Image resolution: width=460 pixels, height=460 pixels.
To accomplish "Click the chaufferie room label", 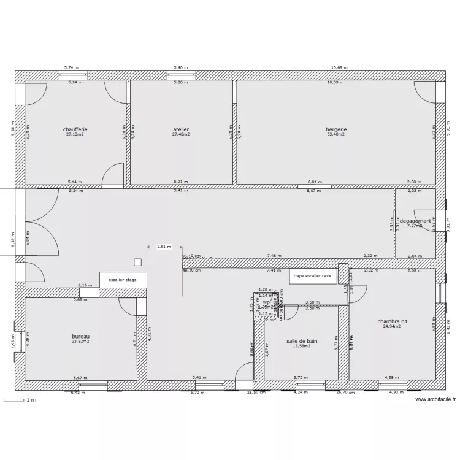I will coord(75,129).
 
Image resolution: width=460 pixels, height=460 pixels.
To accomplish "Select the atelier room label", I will coord(181,129).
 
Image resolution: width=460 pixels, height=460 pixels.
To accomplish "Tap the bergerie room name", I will coord(336,129).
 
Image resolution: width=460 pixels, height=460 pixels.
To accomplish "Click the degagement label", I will coord(415,221).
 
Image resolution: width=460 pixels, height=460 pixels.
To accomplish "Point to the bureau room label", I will coord(81,337).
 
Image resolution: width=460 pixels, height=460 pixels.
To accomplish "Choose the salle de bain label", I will coord(302,340).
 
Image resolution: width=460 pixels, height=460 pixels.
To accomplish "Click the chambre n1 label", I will coord(392,321).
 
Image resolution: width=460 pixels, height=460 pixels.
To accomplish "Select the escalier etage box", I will coord(123,280).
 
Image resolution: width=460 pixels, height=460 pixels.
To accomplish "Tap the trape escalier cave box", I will coord(312,276).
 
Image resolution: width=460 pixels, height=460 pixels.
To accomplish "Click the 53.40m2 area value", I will coord(336,134).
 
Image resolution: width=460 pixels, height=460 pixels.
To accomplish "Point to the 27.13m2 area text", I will coord(75,134).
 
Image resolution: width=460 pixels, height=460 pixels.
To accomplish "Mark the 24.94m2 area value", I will coord(392,326).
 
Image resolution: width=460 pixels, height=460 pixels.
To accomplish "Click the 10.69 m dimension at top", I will coord(337,67).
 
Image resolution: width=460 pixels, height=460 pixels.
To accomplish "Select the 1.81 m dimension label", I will coord(164,247).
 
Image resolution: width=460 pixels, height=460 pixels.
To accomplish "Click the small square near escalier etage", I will coord(138,262).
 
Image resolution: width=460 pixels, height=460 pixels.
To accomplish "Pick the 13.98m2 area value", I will coord(302,346).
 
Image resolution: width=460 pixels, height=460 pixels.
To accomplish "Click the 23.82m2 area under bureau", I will coord(81,342).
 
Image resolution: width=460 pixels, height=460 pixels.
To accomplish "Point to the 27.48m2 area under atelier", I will coord(181,134).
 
